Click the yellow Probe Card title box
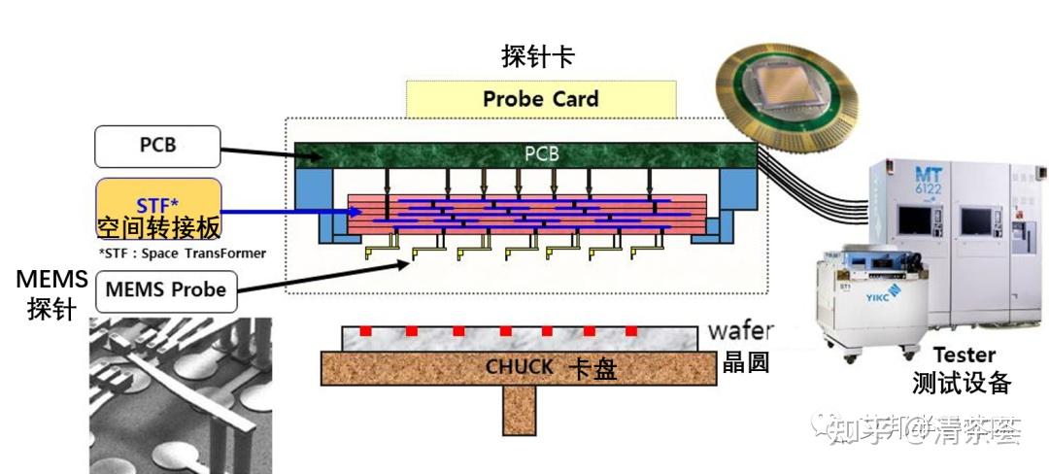(541, 99)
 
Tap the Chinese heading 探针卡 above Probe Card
(537, 57)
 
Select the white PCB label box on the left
(157, 146)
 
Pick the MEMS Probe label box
(165, 289)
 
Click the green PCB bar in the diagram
(524, 153)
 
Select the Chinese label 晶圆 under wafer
(745, 362)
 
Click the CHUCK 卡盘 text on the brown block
(550, 368)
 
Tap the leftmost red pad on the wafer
(367, 331)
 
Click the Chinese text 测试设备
(962, 384)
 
